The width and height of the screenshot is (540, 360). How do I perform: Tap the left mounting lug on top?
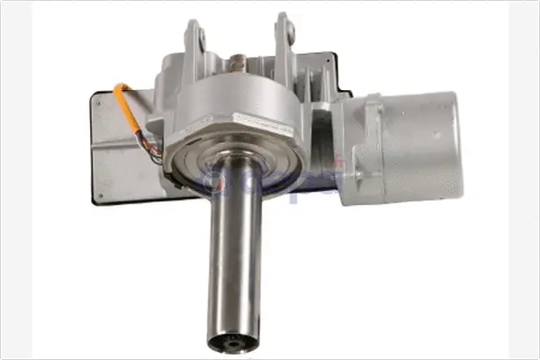[194, 45]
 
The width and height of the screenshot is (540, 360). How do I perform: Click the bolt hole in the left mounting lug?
[200, 38]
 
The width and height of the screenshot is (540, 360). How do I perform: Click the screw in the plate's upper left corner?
[101, 101]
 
